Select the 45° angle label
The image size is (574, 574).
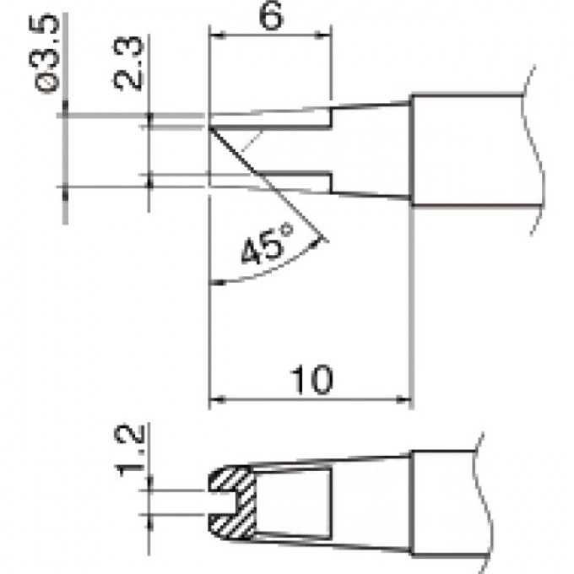tap(264, 249)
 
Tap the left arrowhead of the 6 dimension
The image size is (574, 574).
tap(214, 35)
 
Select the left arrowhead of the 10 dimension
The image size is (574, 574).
tap(214, 398)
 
